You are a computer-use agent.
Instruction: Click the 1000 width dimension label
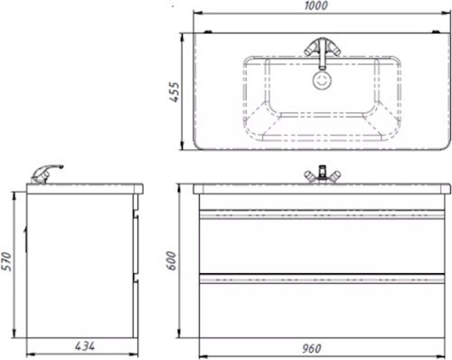click(x=315, y=5)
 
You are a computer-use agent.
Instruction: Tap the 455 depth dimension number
click(x=174, y=91)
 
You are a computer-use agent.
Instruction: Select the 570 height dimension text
click(x=6, y=261)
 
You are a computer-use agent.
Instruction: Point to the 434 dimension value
click(x=85, y=346)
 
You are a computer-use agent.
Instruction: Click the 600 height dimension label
click(x=171, y=261)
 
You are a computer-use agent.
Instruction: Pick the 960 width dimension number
click(x=312, y=348)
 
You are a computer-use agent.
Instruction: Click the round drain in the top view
click(x=322, y=81)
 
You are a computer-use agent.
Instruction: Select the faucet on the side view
click(x=46, y=174)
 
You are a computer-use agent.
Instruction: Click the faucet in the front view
click(x=322, y=175)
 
